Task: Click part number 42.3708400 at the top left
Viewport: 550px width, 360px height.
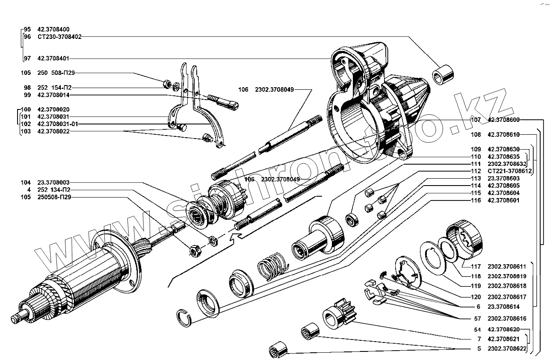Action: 53,29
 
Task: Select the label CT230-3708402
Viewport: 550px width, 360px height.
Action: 59,37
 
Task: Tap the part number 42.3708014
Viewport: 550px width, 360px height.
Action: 53,95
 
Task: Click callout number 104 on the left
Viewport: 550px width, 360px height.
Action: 26,182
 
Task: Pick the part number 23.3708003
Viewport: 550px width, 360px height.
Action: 53,182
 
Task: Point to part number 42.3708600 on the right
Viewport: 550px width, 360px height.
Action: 503,120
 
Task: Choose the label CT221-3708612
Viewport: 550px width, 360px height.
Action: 509,171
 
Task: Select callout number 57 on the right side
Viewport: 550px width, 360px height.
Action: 478,319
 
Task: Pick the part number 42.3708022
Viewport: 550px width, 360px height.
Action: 53,131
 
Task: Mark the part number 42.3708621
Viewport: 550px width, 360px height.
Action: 503,339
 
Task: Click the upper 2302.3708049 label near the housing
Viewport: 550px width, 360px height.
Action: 272,90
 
